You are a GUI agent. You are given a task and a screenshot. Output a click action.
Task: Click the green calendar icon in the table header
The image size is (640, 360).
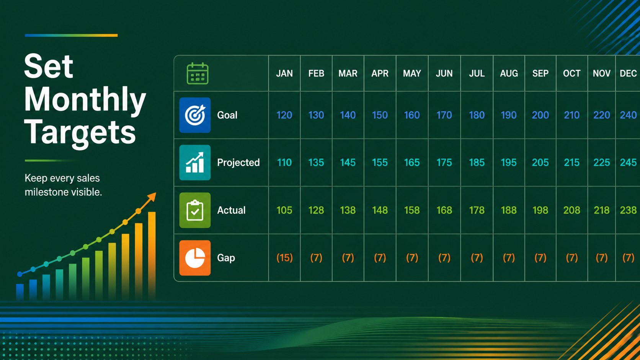pyautogui.click(x=198, y=73)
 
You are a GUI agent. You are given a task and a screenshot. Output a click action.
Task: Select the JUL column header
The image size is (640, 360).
pyautogui.click(x=477, y=73)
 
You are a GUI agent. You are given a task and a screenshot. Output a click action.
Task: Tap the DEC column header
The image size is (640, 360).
pyautogui.click(x=628, y=73)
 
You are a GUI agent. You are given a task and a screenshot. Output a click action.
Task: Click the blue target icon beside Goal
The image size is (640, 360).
pyautogui.click(x=195, y=115)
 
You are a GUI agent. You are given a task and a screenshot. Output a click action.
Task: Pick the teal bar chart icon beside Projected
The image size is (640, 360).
pyautogui.click(x=195, y=163)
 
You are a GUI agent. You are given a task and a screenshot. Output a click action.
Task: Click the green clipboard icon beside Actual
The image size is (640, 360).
pyautogui.click(x=195, y=210)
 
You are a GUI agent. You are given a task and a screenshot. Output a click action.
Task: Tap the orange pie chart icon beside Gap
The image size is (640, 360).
pyautogui.click(x=195, y=258)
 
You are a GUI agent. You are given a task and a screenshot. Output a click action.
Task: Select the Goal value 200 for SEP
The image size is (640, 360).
pyautogui.click(x=540, y=115)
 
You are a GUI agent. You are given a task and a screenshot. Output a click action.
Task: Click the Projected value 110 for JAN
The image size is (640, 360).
pyautogui.click(x=284, y=163)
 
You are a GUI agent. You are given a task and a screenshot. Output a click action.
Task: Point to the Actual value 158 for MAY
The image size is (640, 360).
pyautogui.click(x=412, y=210)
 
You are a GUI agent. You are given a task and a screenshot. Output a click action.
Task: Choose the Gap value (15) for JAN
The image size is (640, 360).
pyautogui.click(x=284, y=258)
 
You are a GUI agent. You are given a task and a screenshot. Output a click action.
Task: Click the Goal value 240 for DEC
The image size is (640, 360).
pyautogui.click(x=628, y=115)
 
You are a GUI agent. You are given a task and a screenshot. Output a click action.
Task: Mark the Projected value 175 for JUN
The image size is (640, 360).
pyautogui.click(x=444, y=163)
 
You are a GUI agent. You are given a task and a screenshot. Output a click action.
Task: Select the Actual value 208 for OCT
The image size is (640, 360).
pyautogui.click(x=571, y=210)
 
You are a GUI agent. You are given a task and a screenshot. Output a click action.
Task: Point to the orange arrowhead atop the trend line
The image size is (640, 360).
pyautogui.click(x=152, y=197)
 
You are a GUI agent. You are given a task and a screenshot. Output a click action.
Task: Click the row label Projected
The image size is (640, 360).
pyautogui.click(x=238, y=163)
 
